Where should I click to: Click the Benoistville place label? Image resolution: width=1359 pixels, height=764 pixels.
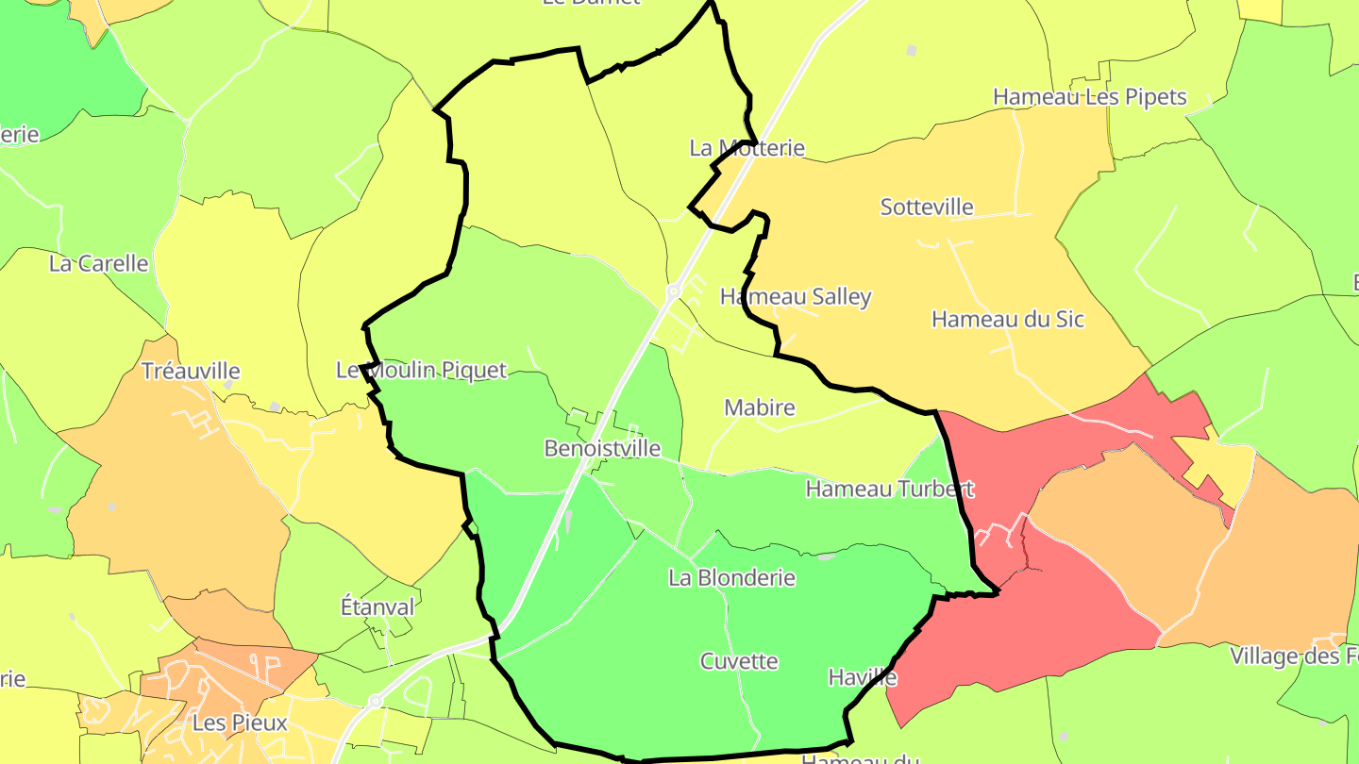coord(602,448)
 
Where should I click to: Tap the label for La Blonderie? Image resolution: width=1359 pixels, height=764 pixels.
coord(731,577)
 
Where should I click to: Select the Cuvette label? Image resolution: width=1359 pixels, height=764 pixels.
coord(739,661)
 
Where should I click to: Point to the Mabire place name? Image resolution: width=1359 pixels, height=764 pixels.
coord(760,407)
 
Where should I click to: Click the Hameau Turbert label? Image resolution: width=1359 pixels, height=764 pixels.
coord(889,489)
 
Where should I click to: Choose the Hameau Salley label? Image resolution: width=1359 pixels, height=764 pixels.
coord(796,296)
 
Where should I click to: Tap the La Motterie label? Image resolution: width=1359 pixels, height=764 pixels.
coord(747,147)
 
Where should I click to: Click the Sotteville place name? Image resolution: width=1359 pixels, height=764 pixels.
coord(927,207)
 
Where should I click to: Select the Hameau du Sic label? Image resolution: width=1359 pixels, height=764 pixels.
coord(1008,319)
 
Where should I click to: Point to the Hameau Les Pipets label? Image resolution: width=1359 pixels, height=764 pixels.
coord(1089,96)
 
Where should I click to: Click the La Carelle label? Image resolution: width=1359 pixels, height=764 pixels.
coord(99,263)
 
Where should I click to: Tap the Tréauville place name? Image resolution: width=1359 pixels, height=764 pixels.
coord(191,371)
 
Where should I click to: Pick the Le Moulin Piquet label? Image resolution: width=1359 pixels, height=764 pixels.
coord(422,370)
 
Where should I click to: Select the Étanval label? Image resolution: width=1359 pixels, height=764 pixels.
coord(377,606)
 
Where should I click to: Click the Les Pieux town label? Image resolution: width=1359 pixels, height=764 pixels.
coord(240,723)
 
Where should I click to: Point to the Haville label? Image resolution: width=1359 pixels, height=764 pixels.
coord(862,676)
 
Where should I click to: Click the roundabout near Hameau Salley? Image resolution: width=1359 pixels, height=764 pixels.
coord(674,292)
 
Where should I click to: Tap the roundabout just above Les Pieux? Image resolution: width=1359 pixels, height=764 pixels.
coord(375,701)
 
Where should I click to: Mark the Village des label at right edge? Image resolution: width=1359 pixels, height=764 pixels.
coord(1294,656)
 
